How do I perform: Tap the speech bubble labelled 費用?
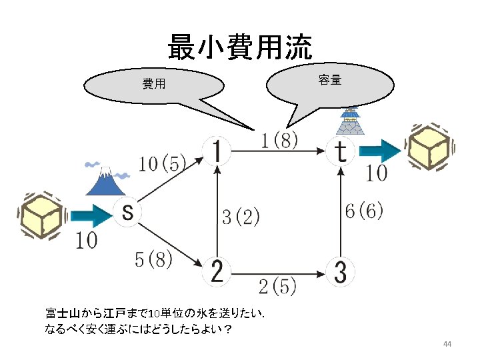pyautogui.click(x=155, y=85)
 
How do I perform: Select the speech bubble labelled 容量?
pyautogui.click(x=329, y=81)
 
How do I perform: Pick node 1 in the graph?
pyautogui.click(x=216, y=152)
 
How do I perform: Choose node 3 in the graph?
pyautogui.click(x=340, y=271)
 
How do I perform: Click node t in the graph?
pyautogui.click(x=340, y=152)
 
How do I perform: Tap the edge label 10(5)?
pyautogui.click(x=162, y=164)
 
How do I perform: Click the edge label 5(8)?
pyautogui.click(x=153, y=260)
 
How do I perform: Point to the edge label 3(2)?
pyautogui.click(x=240, y=217)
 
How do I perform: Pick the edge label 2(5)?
pyautogui.click(x=277, y=287)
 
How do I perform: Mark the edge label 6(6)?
pyautogui.click(x=364, y=211)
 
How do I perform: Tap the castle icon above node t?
pyautogui.click(x=349, y=121)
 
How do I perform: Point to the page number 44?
pyautogui.click(x=447, y=344)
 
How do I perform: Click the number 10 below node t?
pyautogui.click(x=377, y=174)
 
